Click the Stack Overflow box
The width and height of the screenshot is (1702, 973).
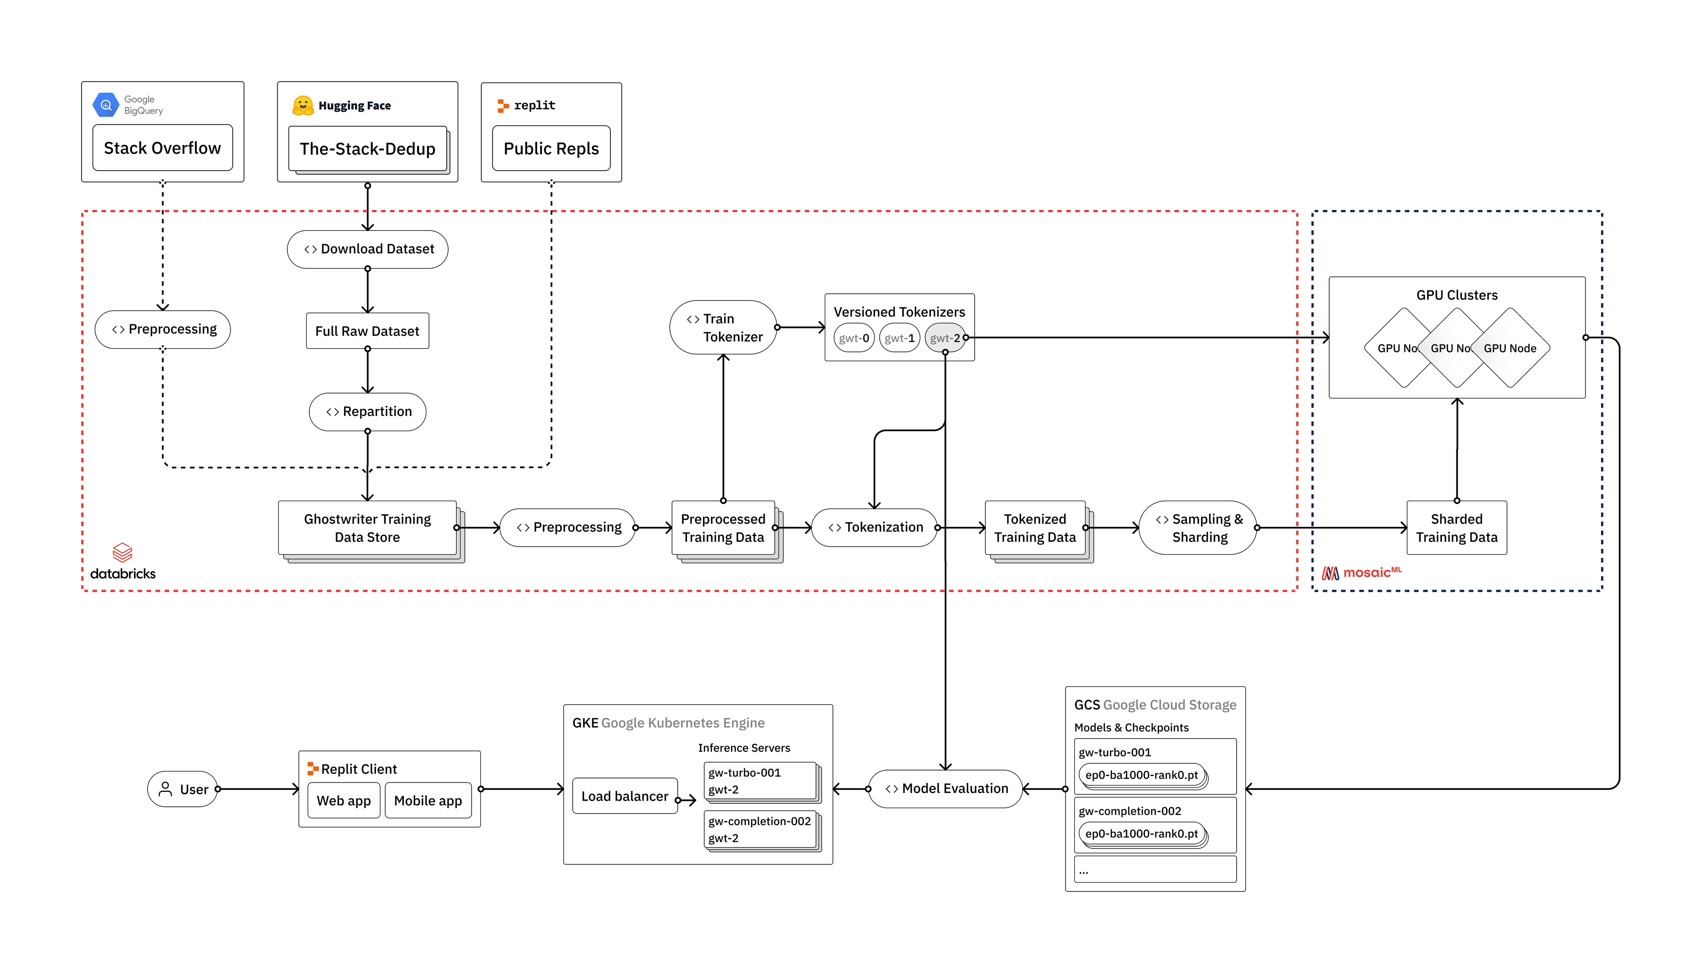163,148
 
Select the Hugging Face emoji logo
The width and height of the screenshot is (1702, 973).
303,105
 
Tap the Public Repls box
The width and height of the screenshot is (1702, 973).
551,148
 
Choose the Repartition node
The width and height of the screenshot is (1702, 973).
368,412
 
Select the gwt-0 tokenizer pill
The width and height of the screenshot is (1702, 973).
854,338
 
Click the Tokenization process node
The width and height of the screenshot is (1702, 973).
874,527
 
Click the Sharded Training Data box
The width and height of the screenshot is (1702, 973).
1456,528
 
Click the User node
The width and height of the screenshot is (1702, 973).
183,789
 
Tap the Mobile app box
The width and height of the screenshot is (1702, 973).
428,801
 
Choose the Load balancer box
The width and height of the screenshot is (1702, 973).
625,796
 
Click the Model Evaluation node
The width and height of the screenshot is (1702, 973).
945,789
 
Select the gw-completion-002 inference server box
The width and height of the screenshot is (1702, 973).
760,829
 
